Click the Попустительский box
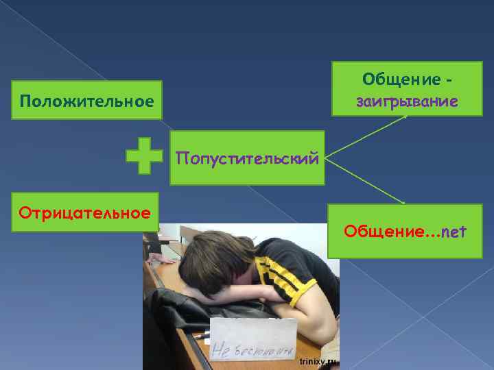pos(247,159)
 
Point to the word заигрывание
pos(407,102)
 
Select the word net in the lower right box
pos(454,232)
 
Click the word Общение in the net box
pos(382,232)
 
